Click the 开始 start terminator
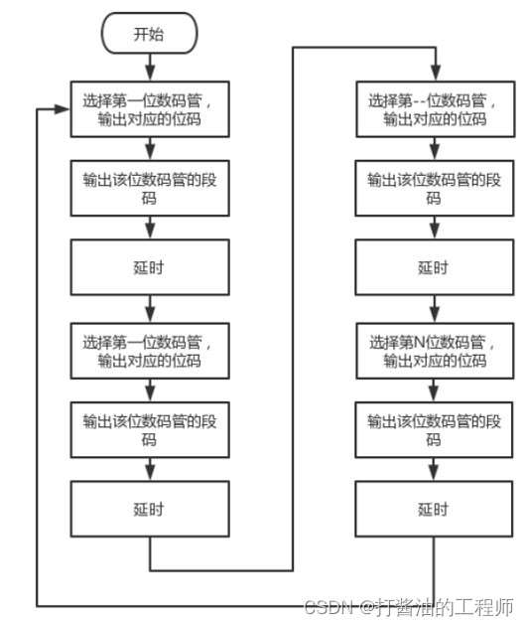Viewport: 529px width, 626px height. [150, 33]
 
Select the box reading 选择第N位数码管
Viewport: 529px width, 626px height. [435, 351]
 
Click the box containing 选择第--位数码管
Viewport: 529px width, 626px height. [436, 109]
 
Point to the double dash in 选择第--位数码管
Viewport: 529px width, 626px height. [420, 100]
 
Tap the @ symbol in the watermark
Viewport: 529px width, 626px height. [367, 608]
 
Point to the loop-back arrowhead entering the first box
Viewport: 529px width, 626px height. [63, 109]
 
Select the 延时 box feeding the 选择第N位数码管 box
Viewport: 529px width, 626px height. [435, 267]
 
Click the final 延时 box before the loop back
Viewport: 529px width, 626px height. [434, 509]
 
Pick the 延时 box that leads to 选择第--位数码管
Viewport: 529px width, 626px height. [150, 509]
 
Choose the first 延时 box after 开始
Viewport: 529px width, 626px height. [150, 267]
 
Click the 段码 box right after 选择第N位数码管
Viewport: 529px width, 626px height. [434, 429]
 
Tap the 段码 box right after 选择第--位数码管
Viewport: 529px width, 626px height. [435, 188]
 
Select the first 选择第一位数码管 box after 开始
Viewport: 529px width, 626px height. [150, 109]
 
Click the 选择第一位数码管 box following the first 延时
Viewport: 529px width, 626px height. [150, 351]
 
